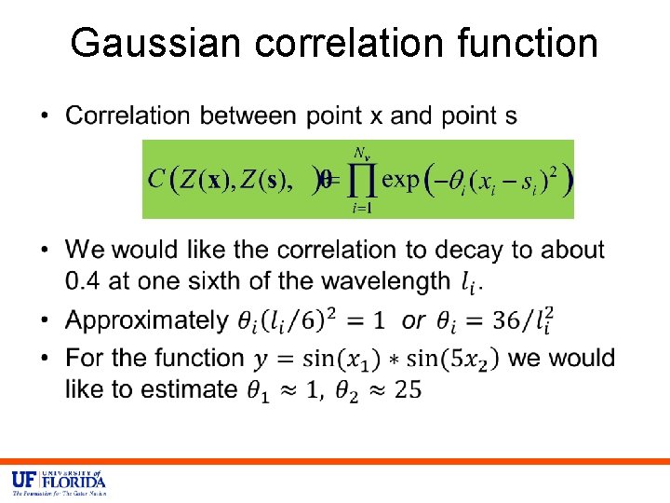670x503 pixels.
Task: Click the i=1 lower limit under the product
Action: (x=361, y=209)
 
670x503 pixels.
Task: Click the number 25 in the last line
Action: (x=408, y=389)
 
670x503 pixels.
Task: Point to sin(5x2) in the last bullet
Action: (x=455, y=358)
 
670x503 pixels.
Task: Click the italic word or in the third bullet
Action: (x=413, y=321)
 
